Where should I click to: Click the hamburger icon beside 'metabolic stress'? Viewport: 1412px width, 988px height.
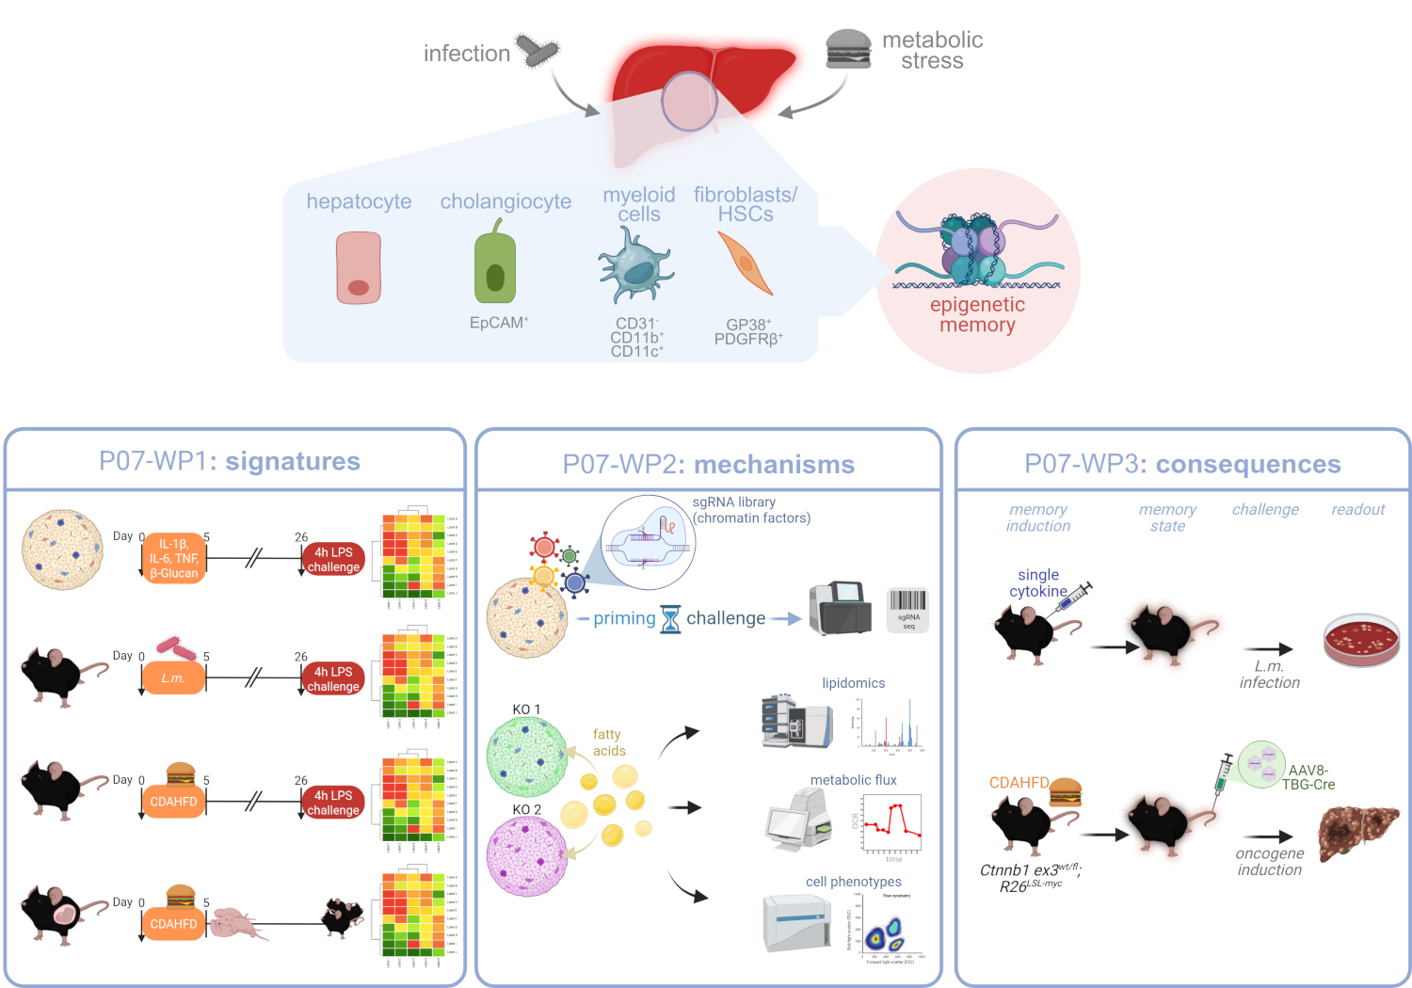click(x=848, y=49)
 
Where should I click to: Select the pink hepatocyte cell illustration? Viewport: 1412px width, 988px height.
click(x=359, y=269)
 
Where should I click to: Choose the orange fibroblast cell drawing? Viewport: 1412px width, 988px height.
click(x=745, y=263)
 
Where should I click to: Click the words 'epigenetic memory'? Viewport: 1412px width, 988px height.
click(x=977, y=314)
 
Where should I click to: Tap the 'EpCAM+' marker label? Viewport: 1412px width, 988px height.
click(x=499, y=323)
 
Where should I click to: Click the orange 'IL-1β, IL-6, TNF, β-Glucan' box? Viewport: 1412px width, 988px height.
click(x=174, y=558)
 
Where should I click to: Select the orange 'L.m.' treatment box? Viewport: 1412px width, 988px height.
click(x=173, y=677)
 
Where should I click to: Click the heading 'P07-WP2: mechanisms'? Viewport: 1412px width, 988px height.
click(x=708, y=464)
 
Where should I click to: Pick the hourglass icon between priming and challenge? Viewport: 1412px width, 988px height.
click(x=670, y=619)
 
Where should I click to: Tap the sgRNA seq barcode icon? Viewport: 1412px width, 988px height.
click(x=908, y=609)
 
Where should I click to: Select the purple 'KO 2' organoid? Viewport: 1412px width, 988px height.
click(x=527, y=855)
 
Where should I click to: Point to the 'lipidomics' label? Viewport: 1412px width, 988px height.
click(x=853, y=683)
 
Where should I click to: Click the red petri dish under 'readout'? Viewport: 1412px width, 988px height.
click(x=1361, y=640)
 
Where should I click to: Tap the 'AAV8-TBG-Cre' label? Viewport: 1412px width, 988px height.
click(x=1308, y=777)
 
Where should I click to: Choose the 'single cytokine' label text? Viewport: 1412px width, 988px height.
click(x=1037, y=582)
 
